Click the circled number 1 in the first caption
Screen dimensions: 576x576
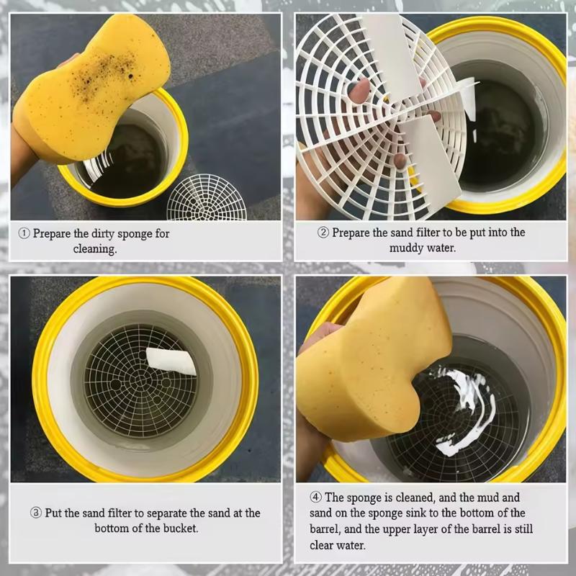coord(24,233)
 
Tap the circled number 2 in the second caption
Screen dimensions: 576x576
coord(323,233)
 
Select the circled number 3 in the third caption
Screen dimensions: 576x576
coord(35,513)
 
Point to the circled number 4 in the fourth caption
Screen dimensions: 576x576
coord(315,498)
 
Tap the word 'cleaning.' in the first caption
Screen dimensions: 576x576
coord(95,249)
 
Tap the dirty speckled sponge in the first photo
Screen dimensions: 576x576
coord(92,88)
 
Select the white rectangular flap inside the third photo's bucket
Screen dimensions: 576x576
coord(171,361)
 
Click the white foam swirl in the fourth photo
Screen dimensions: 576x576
coord(464,412)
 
